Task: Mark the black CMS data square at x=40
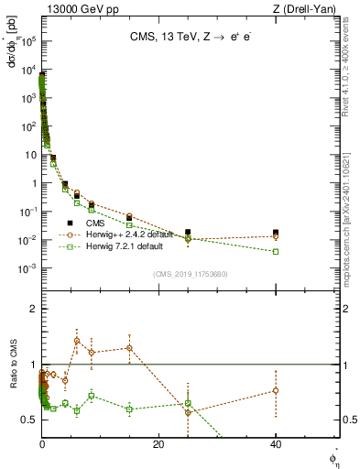(x=276, y=233)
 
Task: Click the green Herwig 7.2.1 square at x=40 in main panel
(x=276, y=251)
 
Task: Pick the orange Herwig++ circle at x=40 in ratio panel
(x=276, y=390)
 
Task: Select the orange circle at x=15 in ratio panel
(x=129, y=348)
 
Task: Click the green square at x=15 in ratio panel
(x=129, y=409)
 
